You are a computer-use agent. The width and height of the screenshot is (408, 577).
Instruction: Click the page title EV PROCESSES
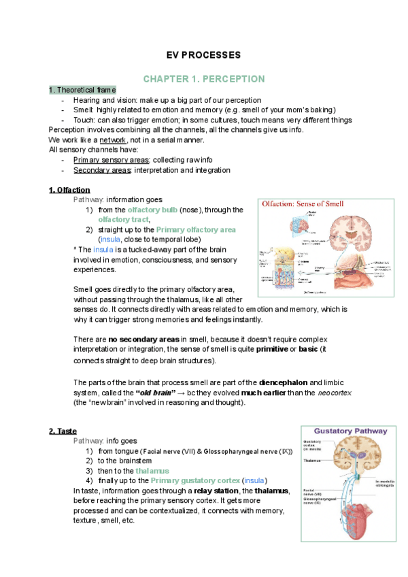(x=204, y=55)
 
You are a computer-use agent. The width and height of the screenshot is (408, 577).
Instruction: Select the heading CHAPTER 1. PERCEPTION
(x=204, y=79)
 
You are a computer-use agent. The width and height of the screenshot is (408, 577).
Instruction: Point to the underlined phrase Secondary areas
(x=95, y=169)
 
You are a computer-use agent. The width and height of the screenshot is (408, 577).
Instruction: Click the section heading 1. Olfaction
(x=69, y=189)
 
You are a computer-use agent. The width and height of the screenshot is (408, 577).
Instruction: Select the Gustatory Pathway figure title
(x=350, y=431)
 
